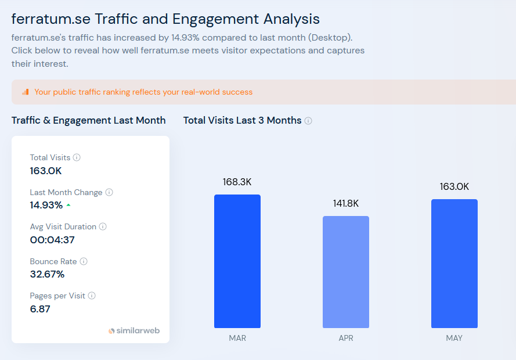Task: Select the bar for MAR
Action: pos(237,261)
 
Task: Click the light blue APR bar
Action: pos(345,272)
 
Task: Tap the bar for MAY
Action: pos(454,264)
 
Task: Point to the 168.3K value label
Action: pos(237,182)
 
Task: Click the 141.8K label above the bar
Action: pos(345,203)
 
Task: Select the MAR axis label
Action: pos(237,338)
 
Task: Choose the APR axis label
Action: pos(345,338)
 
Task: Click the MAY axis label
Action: pos(454,338)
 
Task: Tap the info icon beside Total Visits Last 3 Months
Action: pos(308,121)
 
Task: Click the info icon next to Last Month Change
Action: pos(109,192)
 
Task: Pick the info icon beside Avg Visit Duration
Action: pos(103,226)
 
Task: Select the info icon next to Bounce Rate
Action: pos(84,261)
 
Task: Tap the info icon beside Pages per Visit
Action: pos(92,296)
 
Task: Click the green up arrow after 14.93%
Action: pos(68,206)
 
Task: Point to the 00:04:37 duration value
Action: pos(52,240)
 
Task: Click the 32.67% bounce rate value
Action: pos(47,274)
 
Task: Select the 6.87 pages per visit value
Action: pos(40,309)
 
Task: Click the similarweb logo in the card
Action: pos(134,331)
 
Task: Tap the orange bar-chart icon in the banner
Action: pos(25,92)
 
